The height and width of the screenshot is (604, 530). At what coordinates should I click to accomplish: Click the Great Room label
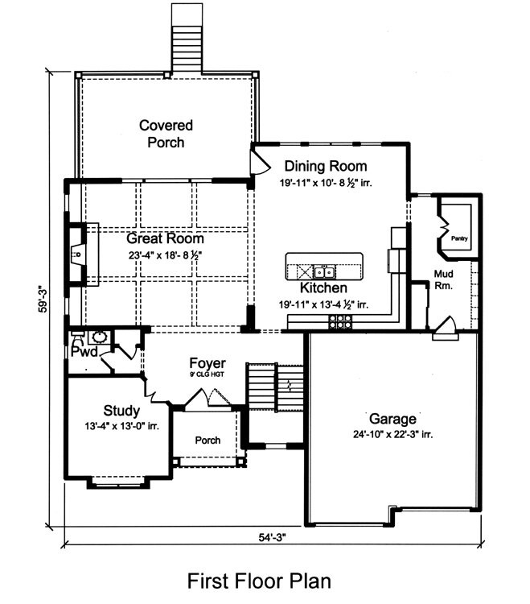[164, 238]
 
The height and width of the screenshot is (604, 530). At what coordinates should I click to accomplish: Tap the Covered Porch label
[166, 134]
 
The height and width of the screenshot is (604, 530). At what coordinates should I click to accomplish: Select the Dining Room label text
[325, 167]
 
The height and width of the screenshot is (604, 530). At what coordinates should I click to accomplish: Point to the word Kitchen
[323, 288]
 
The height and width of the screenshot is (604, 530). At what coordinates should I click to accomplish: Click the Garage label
[392, 419]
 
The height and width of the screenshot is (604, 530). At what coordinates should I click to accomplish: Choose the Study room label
[122, 411]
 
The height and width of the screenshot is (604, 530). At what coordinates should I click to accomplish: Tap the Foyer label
[207, 363]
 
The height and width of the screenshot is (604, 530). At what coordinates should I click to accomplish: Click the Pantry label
[459, 238]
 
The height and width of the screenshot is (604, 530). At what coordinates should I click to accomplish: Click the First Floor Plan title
[259, 581]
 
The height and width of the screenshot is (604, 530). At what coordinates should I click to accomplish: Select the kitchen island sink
[327, 270]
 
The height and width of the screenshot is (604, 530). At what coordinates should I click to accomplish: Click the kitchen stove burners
[340, 321]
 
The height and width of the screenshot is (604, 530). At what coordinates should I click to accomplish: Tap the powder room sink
[101, 338]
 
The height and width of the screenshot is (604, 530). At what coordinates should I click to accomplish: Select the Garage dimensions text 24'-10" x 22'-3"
[392, 434]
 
